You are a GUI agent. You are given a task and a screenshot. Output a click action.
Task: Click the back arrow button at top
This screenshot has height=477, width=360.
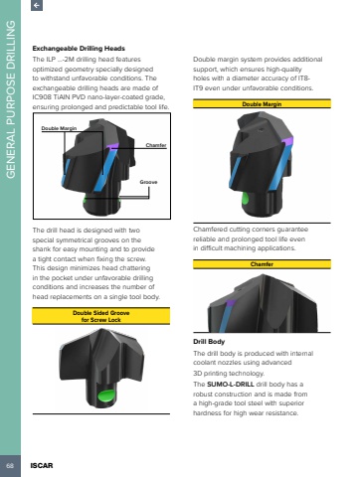37,5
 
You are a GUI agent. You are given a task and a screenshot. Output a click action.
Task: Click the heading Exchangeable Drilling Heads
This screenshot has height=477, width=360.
79,49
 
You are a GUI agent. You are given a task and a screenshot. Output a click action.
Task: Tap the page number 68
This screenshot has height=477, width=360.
10,465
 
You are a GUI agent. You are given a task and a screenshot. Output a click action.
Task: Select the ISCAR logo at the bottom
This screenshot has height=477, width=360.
42,465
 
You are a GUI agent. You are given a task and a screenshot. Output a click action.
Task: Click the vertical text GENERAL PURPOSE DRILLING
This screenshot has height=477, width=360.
11,99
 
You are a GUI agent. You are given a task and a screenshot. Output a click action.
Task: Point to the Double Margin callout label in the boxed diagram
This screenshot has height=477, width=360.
59,128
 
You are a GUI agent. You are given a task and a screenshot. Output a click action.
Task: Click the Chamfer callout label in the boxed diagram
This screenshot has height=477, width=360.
156,145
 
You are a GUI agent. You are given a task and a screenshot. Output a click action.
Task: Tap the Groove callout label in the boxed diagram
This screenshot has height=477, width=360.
148,182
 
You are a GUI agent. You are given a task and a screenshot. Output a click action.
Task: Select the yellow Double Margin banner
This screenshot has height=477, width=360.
262,103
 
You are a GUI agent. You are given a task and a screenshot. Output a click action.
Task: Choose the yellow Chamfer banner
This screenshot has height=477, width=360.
262,264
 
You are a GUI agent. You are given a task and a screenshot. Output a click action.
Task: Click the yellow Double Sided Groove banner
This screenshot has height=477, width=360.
101,316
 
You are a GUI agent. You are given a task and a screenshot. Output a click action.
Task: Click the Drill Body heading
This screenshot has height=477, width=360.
209,342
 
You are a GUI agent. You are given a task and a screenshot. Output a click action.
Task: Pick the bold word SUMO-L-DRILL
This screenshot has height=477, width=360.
231,385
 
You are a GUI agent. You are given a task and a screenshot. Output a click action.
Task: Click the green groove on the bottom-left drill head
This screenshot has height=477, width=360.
106,396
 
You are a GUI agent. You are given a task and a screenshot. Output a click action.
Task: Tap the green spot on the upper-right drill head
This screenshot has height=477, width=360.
246,200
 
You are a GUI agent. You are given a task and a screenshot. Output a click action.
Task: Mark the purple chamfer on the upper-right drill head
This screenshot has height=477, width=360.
287,141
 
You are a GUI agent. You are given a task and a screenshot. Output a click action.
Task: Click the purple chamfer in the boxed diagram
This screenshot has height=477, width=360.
112,146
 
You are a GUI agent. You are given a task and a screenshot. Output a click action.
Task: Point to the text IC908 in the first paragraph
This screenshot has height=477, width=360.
41,97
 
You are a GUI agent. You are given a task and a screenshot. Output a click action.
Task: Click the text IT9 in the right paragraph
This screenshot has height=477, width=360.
198,88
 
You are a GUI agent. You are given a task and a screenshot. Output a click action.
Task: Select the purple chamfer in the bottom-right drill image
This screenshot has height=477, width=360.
231,303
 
